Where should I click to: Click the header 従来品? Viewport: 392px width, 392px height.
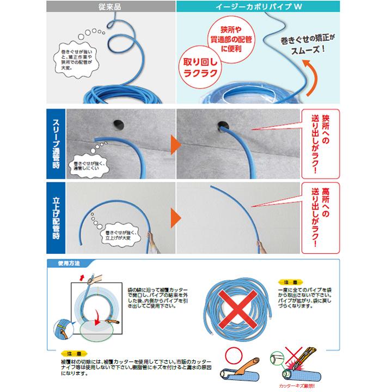tap(111, 7)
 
